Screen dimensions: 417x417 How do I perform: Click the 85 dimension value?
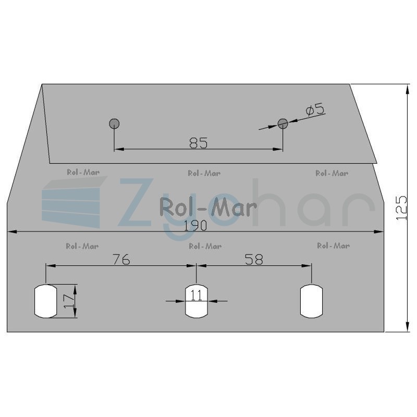point(199,143)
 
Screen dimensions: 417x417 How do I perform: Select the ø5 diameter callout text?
point(315,109)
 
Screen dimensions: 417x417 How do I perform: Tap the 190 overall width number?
point(195,226)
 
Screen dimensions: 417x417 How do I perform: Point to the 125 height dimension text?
point(401,208)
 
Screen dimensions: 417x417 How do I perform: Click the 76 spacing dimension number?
point(121,260)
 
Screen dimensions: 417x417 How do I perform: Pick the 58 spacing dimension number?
point(254,260)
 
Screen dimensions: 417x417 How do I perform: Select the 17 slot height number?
point(69,301)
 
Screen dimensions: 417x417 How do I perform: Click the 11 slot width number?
point(197,295)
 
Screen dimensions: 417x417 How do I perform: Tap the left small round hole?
point(114,124)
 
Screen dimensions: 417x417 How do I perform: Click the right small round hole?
point(283,124)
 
